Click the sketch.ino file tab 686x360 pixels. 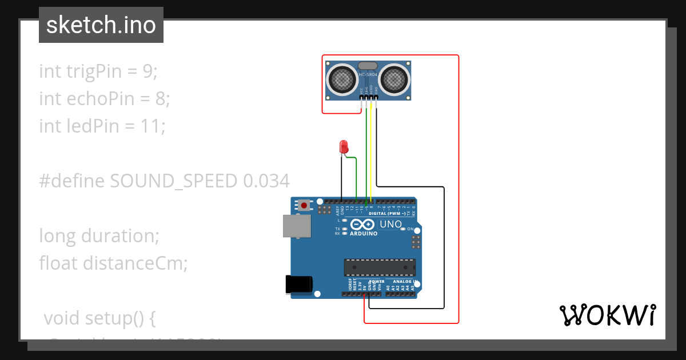(x=101, y=26)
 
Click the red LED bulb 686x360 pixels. (x=344, y=146)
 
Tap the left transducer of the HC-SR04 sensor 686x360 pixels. (x=342, y=78)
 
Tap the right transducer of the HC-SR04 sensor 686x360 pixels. (x=395, y=78)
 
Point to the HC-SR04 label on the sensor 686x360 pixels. (x=368, y=75)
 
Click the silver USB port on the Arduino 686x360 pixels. (x=297, y=226)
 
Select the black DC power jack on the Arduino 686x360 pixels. (x=298, y=285)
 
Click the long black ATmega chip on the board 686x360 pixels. (x=379, y=267)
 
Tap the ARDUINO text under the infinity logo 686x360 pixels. (x=363, y=233)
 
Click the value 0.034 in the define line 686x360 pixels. (x=266, y=181)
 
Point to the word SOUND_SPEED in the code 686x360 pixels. (x=173, y=181)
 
